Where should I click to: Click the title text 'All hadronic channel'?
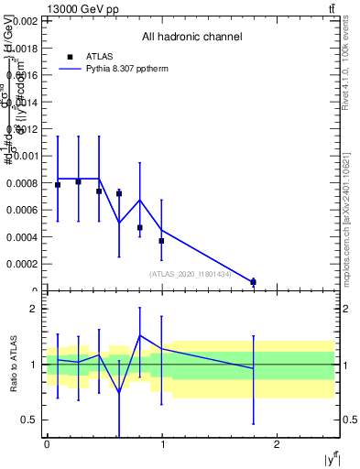tap(191, 38)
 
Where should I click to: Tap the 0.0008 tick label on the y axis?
tap(22, 183)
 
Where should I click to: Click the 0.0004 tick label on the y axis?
tap(22, 237)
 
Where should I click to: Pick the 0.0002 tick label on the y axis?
tap(22, 264)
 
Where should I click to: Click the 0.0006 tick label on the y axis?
tap(22, 210)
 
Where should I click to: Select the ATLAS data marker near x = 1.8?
tap(254, 282)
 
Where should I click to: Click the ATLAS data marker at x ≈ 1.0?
tap(161, 241)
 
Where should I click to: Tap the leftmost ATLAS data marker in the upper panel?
tap(58, 185)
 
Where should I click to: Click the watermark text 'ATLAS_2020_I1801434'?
tap(190, 274)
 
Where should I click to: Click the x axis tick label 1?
tap(162, 445)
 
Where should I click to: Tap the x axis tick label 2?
tap(278, 445)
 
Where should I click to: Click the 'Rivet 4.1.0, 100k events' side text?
tap(351, 82)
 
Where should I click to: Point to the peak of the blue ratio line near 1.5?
tap(140, 335)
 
